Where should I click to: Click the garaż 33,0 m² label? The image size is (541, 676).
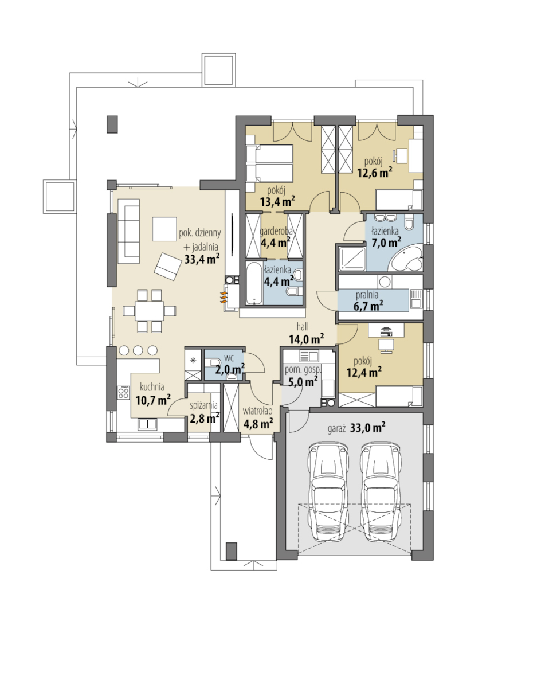[356, 428]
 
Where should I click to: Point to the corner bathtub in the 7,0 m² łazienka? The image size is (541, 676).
[406, 257]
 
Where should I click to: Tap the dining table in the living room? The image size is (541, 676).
[150, 310]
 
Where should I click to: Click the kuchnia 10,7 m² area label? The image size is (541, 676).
[152, 394]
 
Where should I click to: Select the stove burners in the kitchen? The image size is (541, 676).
[123, 392]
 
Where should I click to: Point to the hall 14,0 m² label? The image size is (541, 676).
[306, 333]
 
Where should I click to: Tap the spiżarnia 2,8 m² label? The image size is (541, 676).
[205, 412]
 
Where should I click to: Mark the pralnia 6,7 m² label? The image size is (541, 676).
[368, 300]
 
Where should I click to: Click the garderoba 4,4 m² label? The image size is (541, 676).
[276, 237]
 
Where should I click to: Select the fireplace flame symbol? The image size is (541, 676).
[224, 298]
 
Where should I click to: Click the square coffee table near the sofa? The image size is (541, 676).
[164, 229]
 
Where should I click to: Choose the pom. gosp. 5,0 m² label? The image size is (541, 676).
[302, 376]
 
